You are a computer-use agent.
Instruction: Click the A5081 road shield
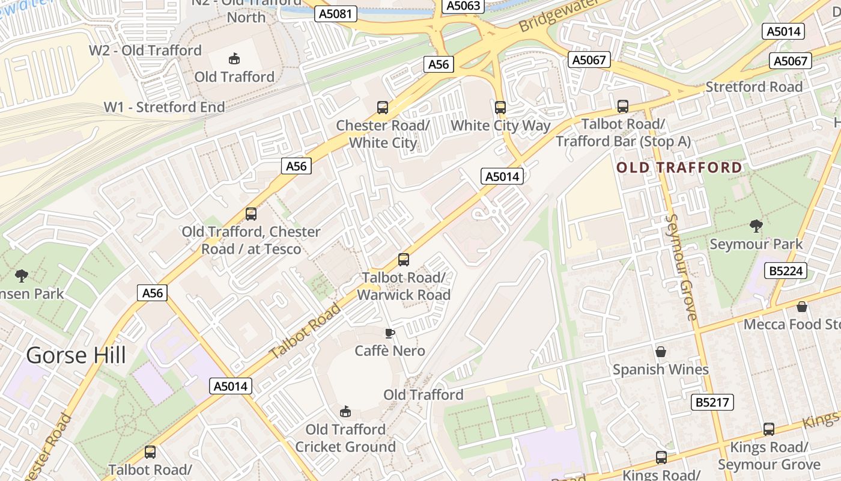click(x=336, y=14)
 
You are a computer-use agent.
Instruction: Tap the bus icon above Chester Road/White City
click(x=383, y=108)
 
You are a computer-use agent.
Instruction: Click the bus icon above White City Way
click(x=500, y=108)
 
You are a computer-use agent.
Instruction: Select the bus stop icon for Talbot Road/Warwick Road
click(x=404, y=260)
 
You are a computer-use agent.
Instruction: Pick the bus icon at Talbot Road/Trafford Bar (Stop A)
click(x=623, y=106)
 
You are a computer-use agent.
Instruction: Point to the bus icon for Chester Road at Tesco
click(x=250, y=213)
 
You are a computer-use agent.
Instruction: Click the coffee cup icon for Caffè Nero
click(x=390, y=333)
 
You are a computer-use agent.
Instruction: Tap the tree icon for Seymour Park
click(x=756, y=226)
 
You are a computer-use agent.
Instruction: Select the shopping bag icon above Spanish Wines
click(x=661, y=351)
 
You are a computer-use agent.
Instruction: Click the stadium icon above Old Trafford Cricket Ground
click(x=345, y=411)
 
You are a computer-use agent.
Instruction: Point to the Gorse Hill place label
click(x=76, y=355)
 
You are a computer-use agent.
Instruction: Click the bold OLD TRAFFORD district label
click(x=679, y=167)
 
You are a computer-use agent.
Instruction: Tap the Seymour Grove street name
click(x=682, y=267)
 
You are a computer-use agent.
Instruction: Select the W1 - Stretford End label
click(x=165, y=107)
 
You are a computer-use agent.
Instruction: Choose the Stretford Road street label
click(x=754, y=87)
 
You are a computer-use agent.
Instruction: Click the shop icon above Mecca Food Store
click(x=801, y=307)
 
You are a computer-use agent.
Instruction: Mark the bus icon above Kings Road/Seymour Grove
click(x=768, y=429)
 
